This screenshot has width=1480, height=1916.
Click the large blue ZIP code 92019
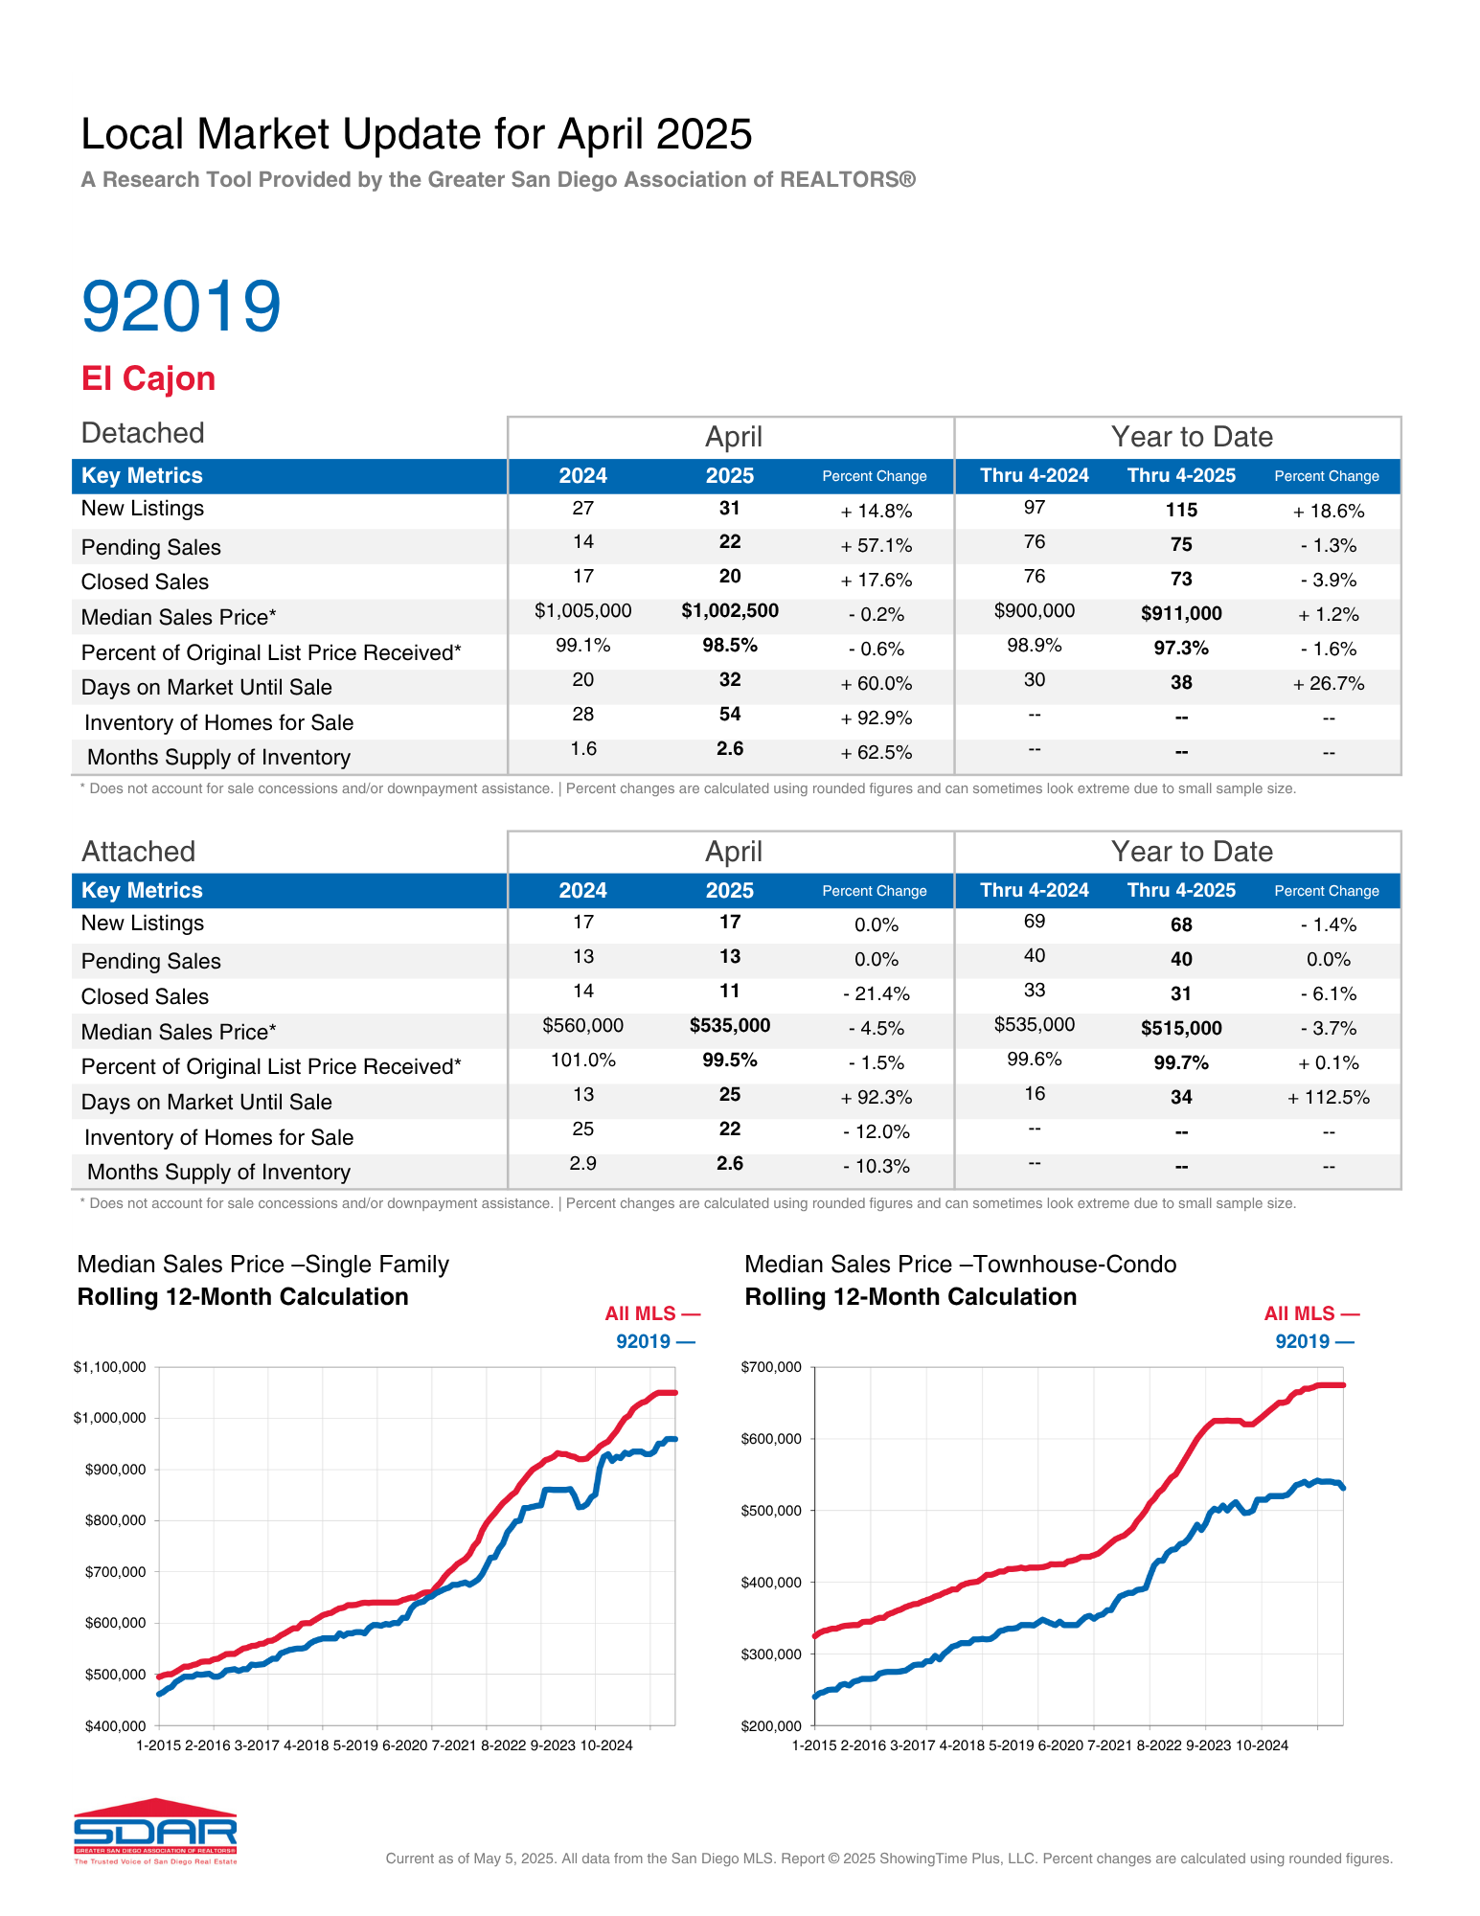(181, 306)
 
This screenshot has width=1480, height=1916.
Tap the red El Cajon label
(148, 378)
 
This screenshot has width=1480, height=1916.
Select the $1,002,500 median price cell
(730, 611)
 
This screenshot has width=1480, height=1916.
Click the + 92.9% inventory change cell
(877, 718)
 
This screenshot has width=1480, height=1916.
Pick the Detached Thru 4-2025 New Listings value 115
(1181, 511)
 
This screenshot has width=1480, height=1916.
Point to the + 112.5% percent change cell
(1329, 1098)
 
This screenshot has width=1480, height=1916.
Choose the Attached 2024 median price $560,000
(583, 1026)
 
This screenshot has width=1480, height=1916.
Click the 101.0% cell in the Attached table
(583, 1061)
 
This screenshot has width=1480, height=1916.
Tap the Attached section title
(138, 852)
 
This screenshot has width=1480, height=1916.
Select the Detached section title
(143, 433)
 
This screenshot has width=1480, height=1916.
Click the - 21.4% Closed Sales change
(877, 994)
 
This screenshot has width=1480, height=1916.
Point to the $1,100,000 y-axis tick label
(109, 1367)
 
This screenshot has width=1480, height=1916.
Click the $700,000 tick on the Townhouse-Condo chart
(771, 1367)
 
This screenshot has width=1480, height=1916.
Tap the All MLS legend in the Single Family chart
(652, 1313)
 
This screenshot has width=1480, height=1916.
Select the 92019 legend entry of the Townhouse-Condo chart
(1314, 1341)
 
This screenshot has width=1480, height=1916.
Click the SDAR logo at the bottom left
(155, 1831)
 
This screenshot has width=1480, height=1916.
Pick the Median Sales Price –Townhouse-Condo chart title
(961, 1265)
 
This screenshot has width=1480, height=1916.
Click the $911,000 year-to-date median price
(1181, 614)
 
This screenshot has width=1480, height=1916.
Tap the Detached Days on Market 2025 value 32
(730, 680)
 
